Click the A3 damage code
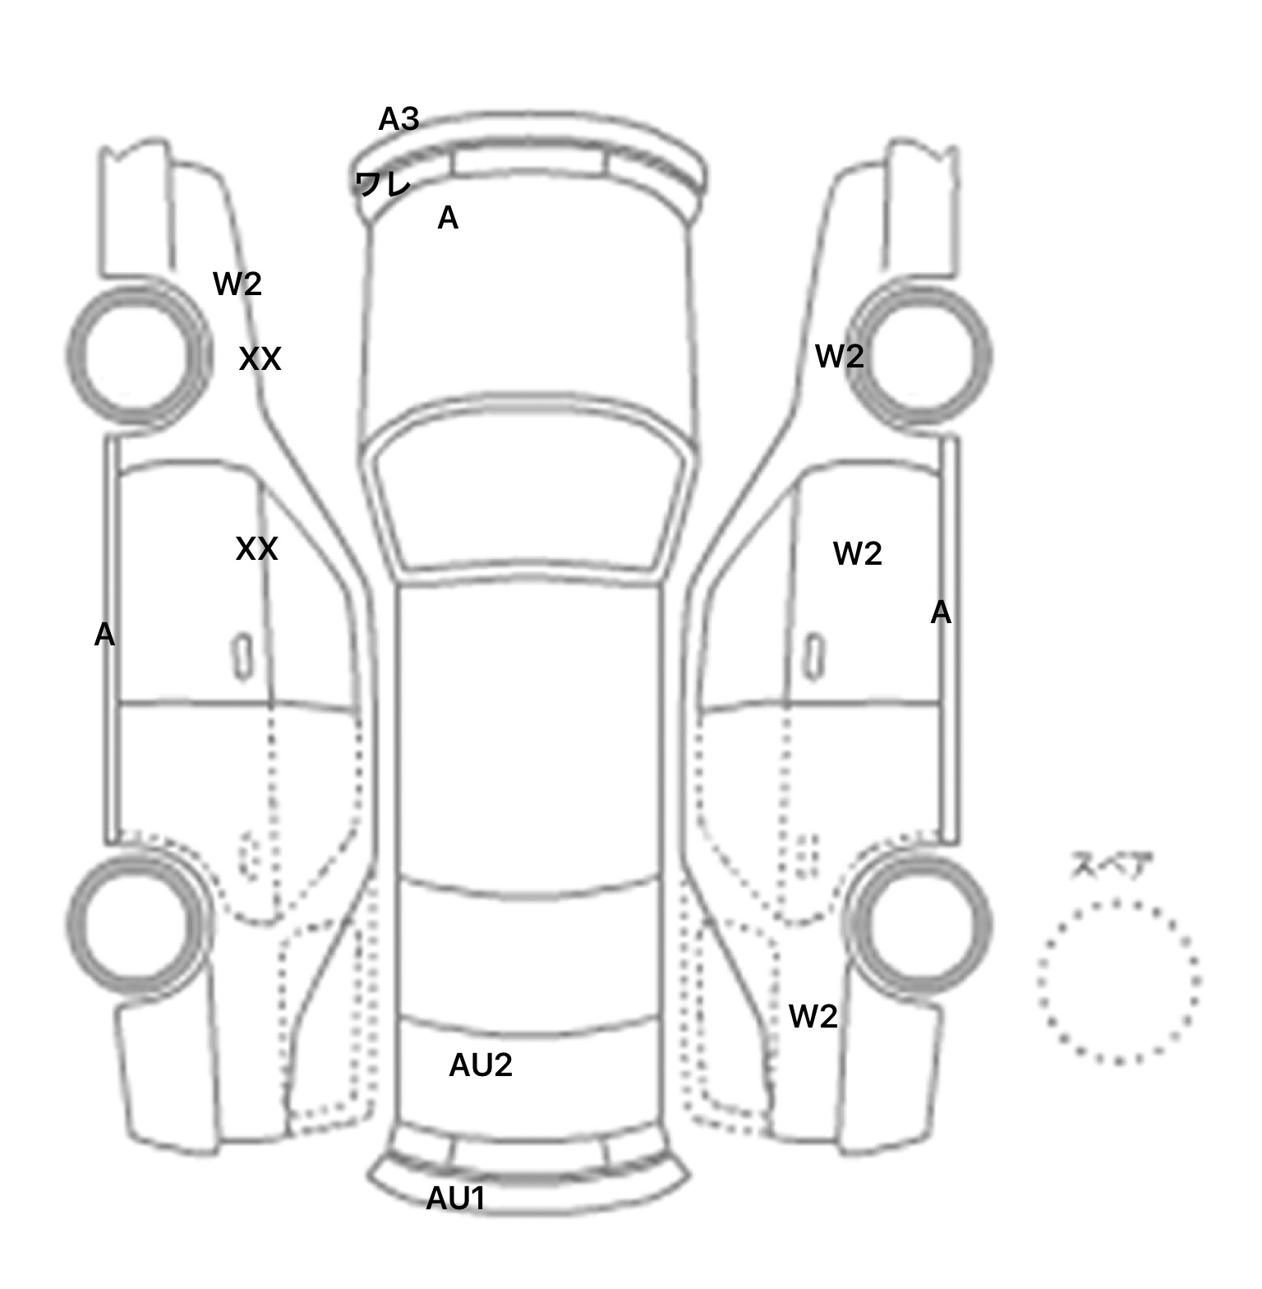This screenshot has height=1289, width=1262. coord(398,120)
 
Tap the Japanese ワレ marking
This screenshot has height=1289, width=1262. coord(382,183)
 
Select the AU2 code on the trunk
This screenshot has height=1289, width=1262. coord(481,1065)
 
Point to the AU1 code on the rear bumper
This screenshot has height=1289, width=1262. coord(455,1199)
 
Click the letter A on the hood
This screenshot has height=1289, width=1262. coord(448,218)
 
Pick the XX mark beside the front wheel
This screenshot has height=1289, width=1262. coord(260,359)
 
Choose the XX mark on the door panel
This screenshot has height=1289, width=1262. coord(256,549)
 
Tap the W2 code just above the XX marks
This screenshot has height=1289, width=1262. coord(237,284)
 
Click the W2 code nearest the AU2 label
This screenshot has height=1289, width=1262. coord(813,1017)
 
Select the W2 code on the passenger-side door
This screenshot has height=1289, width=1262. coord(858,554)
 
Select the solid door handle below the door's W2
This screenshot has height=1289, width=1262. coord(814,656)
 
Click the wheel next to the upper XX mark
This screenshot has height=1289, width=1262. coord(138,356)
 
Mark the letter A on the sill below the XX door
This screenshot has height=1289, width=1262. coord(104,635)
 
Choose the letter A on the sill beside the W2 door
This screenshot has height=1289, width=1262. coord(941,612)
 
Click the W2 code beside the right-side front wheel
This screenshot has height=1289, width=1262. coord(839,356)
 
